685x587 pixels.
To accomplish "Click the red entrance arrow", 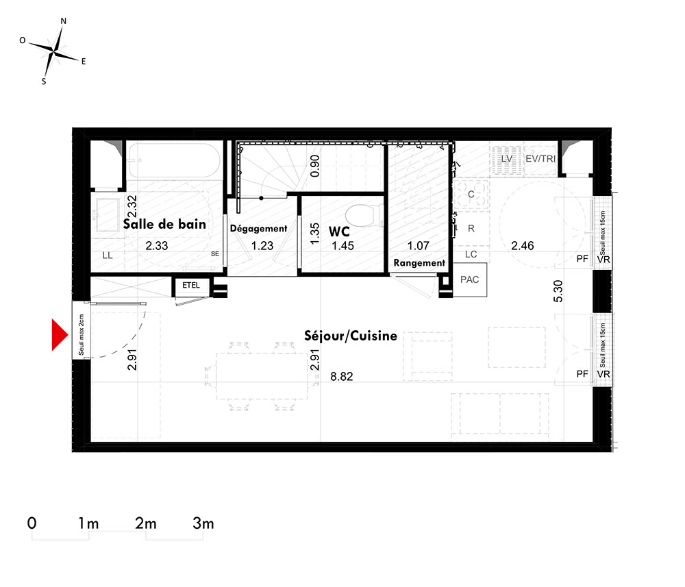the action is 60,335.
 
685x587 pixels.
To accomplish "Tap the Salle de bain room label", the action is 164,224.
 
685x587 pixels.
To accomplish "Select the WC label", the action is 339,231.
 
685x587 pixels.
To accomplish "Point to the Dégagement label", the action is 259,228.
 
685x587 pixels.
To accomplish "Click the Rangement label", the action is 419,263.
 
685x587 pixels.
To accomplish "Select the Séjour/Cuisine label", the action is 351,336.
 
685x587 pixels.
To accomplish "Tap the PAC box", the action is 470,279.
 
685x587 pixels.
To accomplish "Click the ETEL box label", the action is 191,285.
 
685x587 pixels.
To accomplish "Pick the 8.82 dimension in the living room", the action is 342,377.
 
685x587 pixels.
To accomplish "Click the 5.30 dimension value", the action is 558,291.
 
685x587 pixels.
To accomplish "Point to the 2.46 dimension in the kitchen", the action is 523,245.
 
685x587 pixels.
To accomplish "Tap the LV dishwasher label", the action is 507,158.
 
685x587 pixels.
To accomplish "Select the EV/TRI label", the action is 540,158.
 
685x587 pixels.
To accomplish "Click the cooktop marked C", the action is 471,194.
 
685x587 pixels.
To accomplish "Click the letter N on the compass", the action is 63,21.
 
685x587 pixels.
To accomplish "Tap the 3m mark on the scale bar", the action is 203,523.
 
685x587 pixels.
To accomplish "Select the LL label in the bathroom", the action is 108,255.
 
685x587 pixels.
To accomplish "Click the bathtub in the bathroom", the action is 174,160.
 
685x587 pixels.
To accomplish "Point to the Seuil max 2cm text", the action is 82,335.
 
